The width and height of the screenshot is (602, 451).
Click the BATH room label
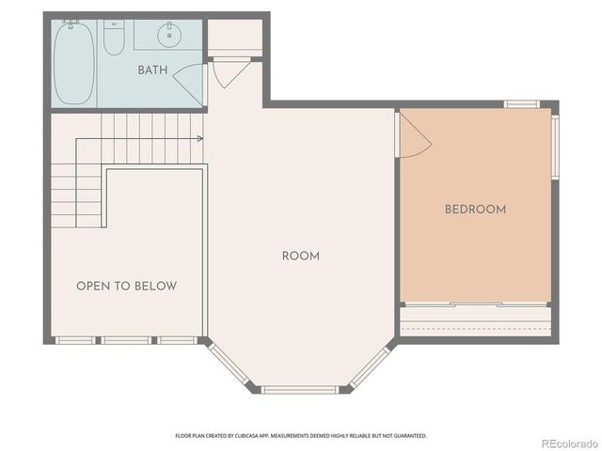coord(152,70)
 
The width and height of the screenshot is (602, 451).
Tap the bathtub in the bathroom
coord(73,63)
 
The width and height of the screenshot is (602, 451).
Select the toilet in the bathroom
coord(114,39)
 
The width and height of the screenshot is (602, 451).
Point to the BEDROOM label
coord(475,210)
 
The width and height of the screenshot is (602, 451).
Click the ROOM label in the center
coord(301,256)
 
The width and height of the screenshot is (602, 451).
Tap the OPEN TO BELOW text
coord(126,286)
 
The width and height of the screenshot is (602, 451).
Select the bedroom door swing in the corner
coord(414,136)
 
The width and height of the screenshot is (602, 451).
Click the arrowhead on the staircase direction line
coord(199,139)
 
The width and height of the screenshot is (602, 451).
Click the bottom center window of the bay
coord(299,389)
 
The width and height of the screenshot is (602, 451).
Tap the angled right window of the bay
coord(370,366)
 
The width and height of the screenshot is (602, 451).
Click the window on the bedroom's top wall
coord(521,103)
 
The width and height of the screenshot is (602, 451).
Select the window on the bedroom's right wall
coord(555,146)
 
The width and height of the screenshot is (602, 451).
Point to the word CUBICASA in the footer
coord(263,436)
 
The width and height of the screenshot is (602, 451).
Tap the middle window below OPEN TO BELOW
coord(126,339)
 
